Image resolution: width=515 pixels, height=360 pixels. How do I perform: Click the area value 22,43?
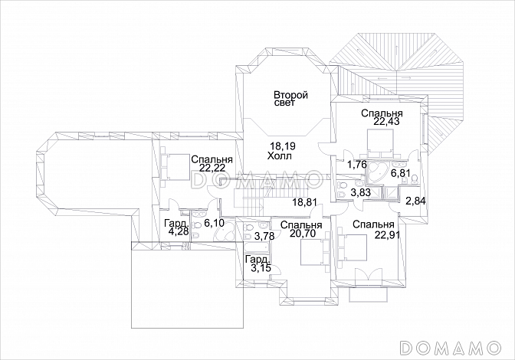pos(386,122)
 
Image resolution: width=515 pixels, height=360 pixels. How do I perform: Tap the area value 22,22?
pos(212,168)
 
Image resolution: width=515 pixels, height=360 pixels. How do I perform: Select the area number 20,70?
pos(302,234)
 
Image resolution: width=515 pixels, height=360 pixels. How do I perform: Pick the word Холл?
pos(279,156)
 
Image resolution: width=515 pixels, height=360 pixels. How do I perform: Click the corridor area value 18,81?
pos(305,202)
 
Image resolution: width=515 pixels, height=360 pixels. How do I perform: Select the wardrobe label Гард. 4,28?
pos(177,227)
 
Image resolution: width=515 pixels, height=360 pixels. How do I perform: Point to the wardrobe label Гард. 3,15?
pos(258,263)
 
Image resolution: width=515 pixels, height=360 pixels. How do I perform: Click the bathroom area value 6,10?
pos(214,223)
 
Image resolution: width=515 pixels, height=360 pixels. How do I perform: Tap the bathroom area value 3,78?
pos(264,236)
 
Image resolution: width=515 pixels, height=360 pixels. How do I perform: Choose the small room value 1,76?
pos(356,165)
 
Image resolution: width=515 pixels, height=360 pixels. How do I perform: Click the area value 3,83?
pos(361,192)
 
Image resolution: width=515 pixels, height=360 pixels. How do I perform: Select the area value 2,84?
pos(415,201)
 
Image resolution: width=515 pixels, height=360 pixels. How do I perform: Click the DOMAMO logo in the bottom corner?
pos(451,346)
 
